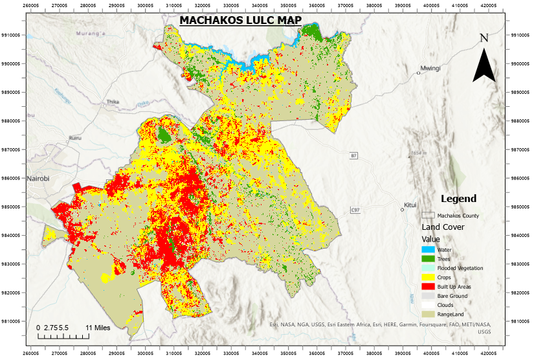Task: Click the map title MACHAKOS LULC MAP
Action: [240, 20]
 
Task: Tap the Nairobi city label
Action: [38, 178]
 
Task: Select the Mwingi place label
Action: [430, 68]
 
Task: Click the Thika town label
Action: [113, 102]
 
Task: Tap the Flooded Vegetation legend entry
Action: [460, 268]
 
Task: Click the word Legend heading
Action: [458, 199]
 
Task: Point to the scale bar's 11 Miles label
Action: [97, 328]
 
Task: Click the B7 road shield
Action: [353, 156]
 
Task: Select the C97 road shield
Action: [355, 210]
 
